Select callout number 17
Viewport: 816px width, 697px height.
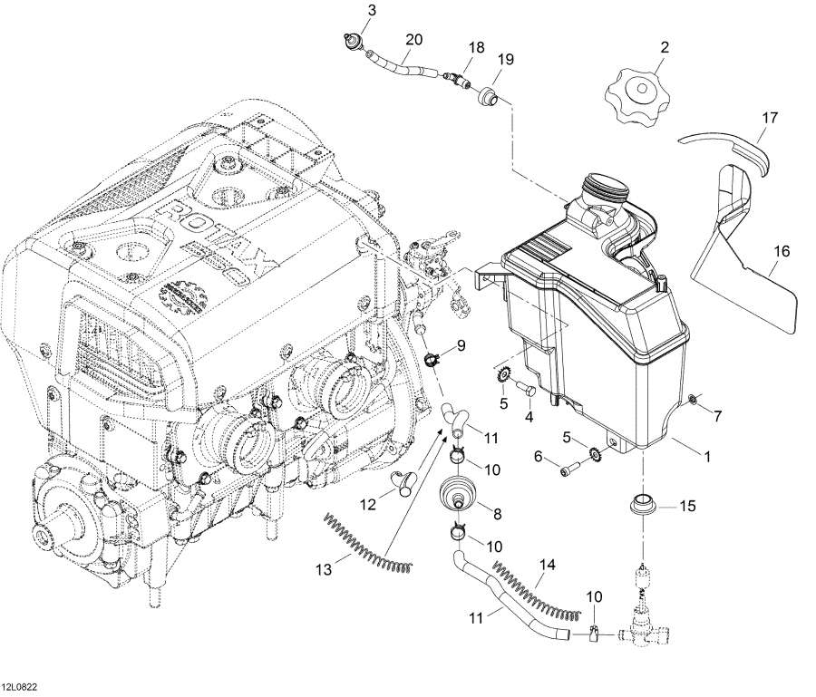[769, 118]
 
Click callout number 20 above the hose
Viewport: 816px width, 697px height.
[414, 40]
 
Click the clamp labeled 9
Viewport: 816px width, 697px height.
[432, 358]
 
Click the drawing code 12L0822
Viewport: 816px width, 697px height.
[23, 687]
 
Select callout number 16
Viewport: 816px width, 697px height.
[782, 251]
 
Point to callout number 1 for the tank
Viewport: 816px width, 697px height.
[706, 457]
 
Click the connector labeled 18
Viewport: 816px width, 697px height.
[456, 79]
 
